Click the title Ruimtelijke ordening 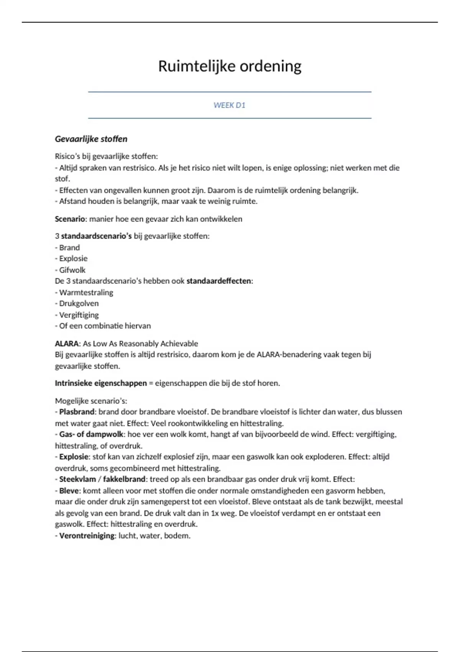click(x=230, y=66)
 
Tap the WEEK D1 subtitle click(x=229, y=105)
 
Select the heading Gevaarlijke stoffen click(x=91, y=139)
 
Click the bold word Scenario click(x=70, y=219)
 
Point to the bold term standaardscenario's click(x=96, y=236)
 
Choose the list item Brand click(x=69, y=247)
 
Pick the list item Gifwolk click(x=72, y=270)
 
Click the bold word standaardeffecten click(x=219, y=281)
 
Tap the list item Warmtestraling click(x=86, y=292)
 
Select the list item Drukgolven click(x=79, y=303)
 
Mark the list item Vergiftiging click(x=79, y=315)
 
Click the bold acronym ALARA click(x=67, y=343)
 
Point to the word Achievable click(x=179, y=343)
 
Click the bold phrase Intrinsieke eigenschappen click(x=101, y=383)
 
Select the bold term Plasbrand click(x=77, y=412)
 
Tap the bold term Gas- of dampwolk click(x=91, y=434)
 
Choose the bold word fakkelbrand click(x=124, y=479)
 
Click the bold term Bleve click(x=69, y=491)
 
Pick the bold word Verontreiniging click(x=87, y=535)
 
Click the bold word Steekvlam click(x=77, y=479)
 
